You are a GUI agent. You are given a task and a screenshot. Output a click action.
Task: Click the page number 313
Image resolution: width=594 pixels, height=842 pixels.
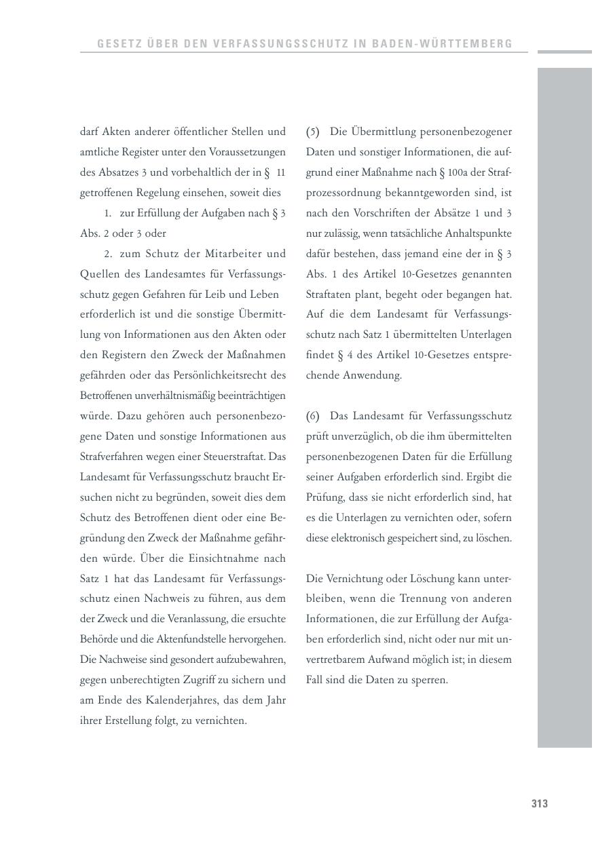(539, 804)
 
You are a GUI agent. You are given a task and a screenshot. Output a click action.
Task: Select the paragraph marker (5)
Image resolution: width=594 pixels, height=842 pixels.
(312, 132)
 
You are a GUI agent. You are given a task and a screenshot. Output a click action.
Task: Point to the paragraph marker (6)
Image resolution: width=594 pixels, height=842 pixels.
(312, 416)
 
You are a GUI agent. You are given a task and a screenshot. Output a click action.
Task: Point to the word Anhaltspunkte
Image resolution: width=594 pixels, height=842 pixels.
(479, 233)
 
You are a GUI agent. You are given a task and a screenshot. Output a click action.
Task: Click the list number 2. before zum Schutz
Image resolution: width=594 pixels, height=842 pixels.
(108, 254)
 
